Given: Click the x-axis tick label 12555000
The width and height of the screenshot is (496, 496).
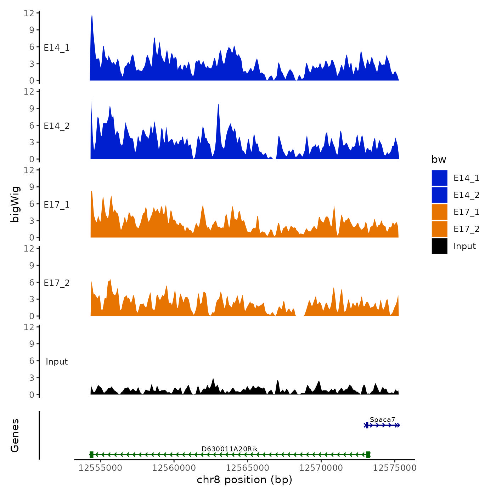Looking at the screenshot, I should coord(100,468).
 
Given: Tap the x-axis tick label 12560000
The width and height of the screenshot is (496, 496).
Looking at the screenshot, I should coord(174,468).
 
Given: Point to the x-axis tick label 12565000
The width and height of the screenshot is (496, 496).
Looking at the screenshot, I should coord(247,468).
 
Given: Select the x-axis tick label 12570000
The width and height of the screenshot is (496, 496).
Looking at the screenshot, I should coord(321,468).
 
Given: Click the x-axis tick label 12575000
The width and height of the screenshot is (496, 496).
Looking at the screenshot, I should coord(394,468).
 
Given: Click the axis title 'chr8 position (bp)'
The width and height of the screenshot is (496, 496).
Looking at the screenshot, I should coord(244,480).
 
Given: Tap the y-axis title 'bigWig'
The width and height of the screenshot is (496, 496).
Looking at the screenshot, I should coord(15,204).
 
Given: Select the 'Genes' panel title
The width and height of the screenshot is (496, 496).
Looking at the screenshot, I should coord(15,435).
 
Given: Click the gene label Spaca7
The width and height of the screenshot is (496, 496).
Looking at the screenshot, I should coord(382,420).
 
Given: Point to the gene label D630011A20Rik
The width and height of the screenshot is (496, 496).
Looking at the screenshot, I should coord(230,449).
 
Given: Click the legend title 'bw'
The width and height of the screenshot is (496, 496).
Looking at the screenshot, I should coord(439,160).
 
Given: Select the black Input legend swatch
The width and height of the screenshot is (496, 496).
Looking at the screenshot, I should coord(439,246).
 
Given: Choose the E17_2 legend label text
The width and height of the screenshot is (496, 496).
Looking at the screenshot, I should coord(466,229).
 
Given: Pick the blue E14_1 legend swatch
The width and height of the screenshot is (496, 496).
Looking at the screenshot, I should coord(439,178).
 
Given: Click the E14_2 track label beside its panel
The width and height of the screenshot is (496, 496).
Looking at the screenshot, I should coord(57,126).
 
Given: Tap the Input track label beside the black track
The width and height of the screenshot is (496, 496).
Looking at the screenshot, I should coord(57,362).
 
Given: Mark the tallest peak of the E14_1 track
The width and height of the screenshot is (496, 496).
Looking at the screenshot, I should coord(92,15).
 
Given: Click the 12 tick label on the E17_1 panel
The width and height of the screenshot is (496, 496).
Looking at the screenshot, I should coord(29,170).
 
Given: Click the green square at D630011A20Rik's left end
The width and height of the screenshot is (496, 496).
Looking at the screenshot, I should coord(91,455).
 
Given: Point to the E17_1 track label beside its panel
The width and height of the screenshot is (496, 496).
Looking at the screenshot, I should coord(57,205).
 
